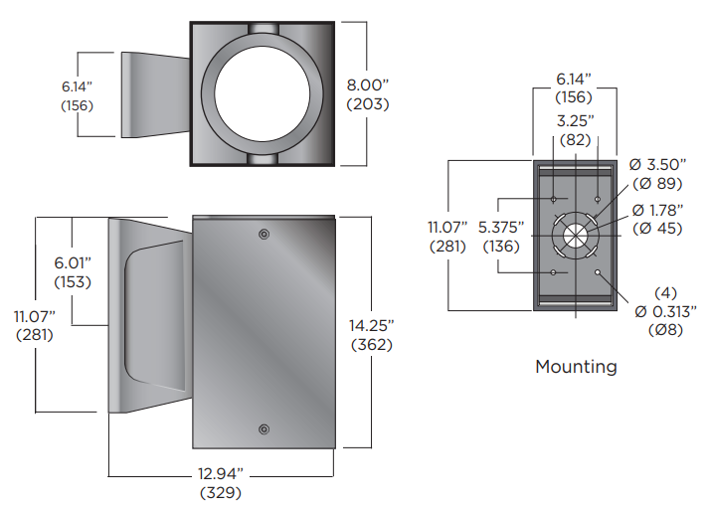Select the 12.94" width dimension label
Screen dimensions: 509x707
pyautogui.click(x=220, y=473)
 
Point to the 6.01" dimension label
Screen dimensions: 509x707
pyautogui.click(x=72, y=263)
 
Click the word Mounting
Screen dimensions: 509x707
pyautogui.click(x=576, y=367)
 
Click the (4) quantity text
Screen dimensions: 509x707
pyautogui.click(x=663, y=293)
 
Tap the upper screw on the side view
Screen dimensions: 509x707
pyautogui.click(x=264, y=234)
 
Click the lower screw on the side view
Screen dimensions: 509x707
pyautogui.click(x=264, y=428)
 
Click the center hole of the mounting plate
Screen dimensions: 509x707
pyautogui.click(x=575, y=236)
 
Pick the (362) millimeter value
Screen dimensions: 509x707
pyautogui.click(x=372, y=345)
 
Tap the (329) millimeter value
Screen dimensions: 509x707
pyautogui.click(x=220, y=492)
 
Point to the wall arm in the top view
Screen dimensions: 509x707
pyautogui.click(x=153, y=95)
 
